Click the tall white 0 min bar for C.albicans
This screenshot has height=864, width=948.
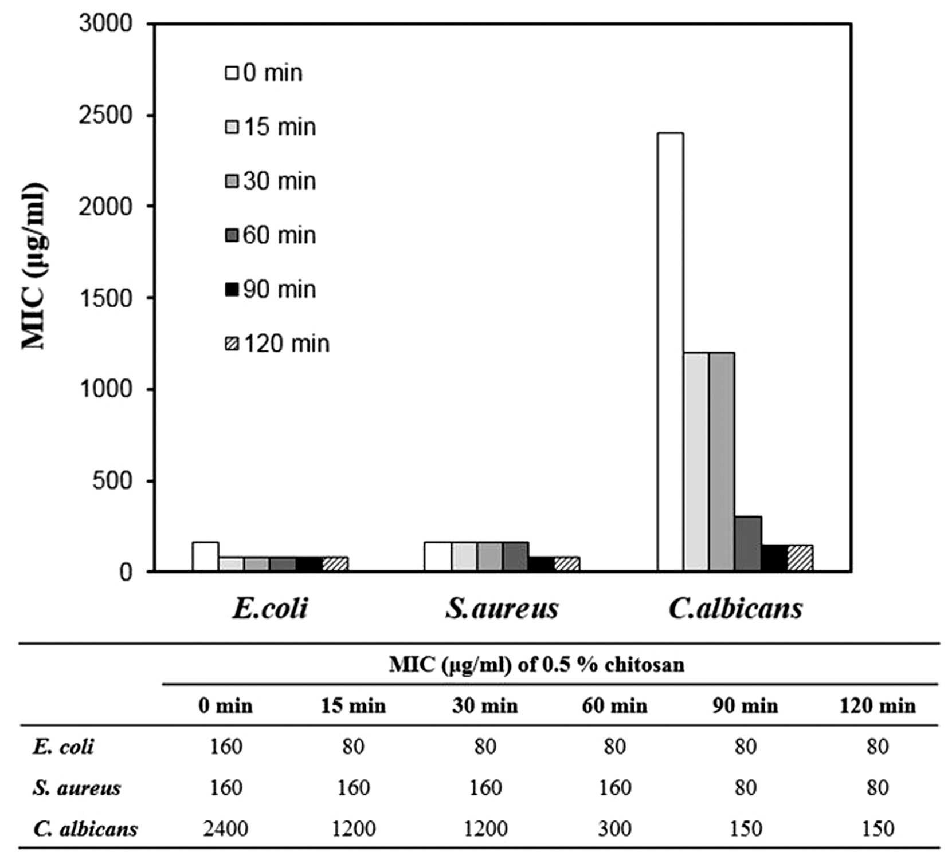click(x=670, y=352)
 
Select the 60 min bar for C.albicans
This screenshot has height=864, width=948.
click(x=748, y=543)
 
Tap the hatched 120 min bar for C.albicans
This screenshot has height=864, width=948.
click(x=800, y=558)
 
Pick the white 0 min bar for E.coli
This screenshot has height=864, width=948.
click(x=205, y=556)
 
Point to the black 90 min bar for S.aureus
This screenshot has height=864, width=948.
click(x=541, y=563)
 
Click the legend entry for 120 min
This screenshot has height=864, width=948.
click(x=277, y=344)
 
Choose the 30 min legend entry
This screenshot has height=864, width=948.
click(x=271, y=181)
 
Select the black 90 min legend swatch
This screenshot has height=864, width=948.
click(x=232, y=290)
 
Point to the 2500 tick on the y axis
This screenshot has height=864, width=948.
click(x=105, y=116)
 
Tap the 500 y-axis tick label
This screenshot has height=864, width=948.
click(x=112, y=480)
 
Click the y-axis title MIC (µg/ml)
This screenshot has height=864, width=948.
click(x=33, y=266)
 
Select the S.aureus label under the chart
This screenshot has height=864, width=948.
click(x=502, y=608)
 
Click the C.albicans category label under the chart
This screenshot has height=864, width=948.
click(x=735, y=608)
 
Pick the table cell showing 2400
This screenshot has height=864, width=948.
click(x=225, y=829)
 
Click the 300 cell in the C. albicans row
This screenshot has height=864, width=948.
click(x=614, y=829)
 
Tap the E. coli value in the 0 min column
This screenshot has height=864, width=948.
click(x=225, y=747)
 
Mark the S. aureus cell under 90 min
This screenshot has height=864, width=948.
click(x=745, y=787)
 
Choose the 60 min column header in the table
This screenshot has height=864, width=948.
click(x=614, y=705)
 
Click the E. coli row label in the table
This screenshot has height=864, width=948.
click(x=63, y=747)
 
